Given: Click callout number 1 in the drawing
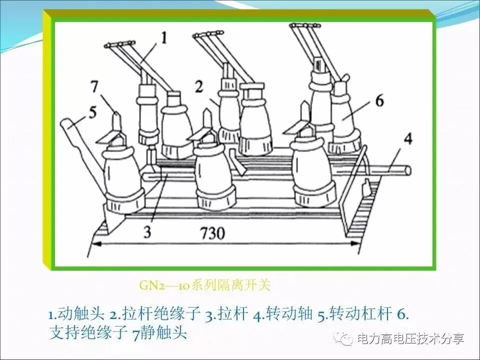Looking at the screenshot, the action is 164,38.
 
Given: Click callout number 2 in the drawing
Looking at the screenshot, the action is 199,86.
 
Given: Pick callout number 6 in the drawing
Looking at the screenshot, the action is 379,100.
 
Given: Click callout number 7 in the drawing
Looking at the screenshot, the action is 94,86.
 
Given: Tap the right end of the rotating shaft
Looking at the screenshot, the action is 408,170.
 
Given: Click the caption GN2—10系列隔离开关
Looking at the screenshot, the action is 205,285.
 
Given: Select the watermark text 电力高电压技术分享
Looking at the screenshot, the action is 410,338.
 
